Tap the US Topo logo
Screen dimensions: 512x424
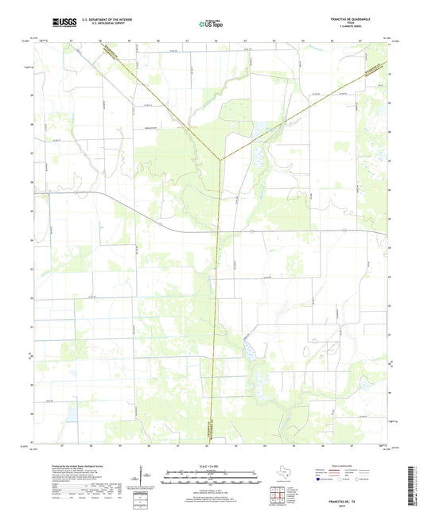pos(211,24)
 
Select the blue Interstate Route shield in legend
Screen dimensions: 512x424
pos(325,479)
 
